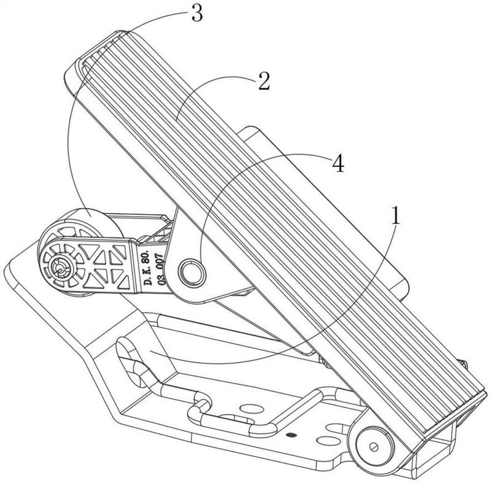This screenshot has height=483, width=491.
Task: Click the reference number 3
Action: tap(196, 14)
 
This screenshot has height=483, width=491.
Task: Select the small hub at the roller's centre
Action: tap(61, 266)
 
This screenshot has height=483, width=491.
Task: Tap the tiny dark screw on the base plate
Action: tap(290, 435)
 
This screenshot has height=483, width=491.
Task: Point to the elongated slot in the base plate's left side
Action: tap(132, 362)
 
